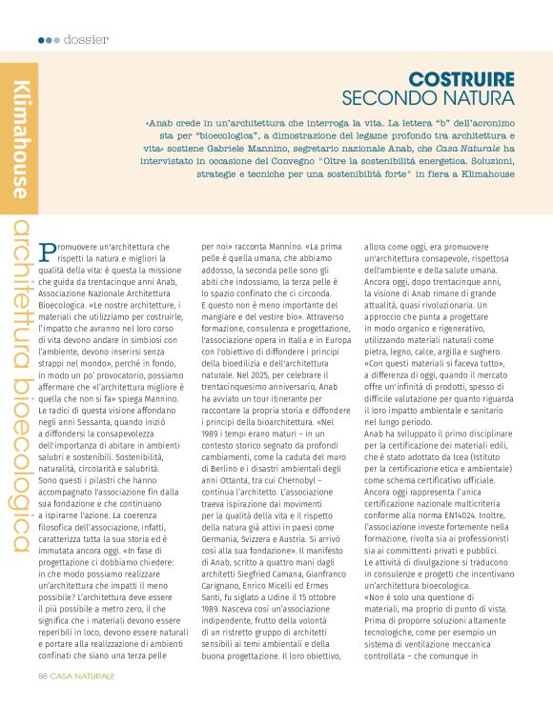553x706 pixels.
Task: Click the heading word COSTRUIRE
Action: pos(461,80)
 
